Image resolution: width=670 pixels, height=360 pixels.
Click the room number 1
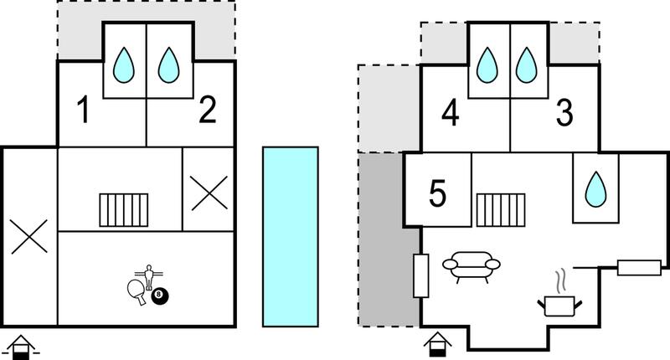click(x=85, y=110)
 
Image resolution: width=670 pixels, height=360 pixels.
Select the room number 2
click(x=208, y=110)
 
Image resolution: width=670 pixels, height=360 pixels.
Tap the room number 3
click(x=564, y=113)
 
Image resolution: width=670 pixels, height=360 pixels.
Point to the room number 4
click(x=451, y=113)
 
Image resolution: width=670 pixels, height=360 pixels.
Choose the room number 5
click(x=437, y=193)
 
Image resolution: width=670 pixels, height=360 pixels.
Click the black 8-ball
click(x=160, y=296)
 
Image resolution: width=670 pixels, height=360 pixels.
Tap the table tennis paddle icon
click(x=137, y=291)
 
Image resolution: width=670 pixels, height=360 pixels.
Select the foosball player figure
click(x=149, y=277)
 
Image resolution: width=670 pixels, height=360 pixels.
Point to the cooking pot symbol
click(x=559, y=306)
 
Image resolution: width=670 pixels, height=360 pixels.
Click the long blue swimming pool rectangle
click(x=291, y=237)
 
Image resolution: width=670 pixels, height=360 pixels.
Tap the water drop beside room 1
click(x=124, y=65)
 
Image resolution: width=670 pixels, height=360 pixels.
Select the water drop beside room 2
click(x=168, y=65)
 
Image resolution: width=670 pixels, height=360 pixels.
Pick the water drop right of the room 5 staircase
click(x=595, y=189)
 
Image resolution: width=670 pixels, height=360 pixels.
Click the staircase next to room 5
click(x=501, y=209)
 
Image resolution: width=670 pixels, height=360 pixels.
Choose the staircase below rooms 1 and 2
click(x=124, y=209)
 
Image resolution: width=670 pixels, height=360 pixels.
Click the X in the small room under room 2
click(x=209, y=193)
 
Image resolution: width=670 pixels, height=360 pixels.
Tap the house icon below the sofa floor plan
click(x=438, y=344)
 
